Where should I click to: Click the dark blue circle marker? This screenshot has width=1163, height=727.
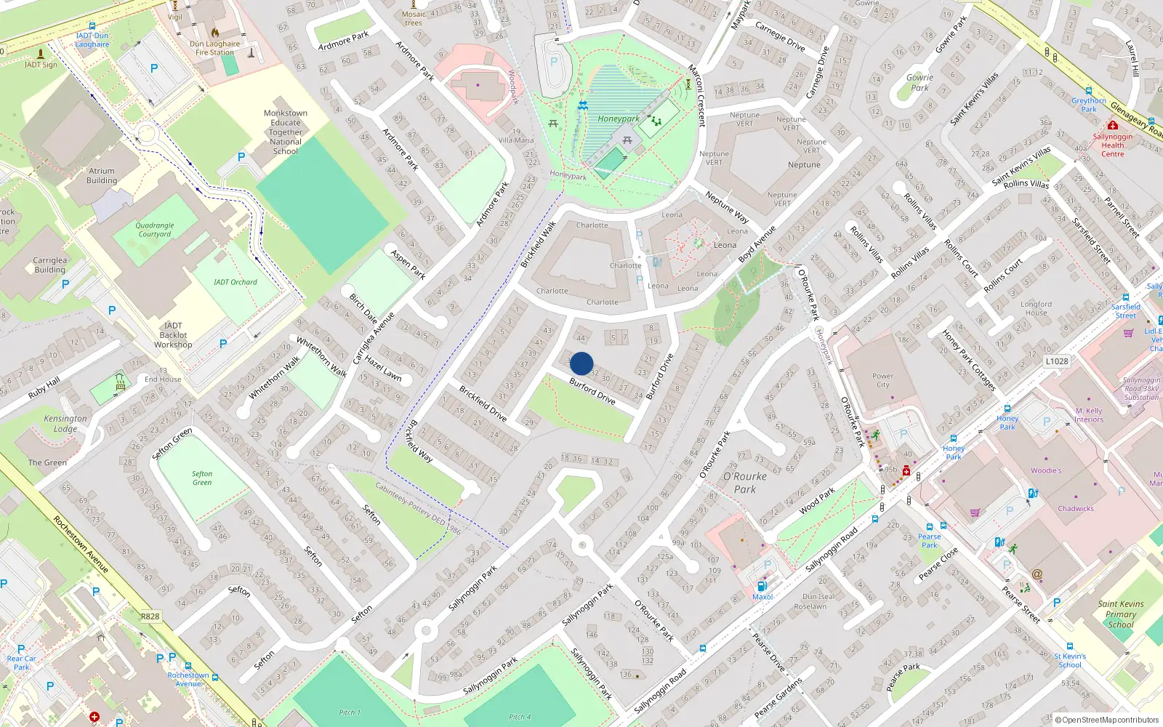coord(581,363)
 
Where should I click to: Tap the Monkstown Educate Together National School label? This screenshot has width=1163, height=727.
coord(286,132)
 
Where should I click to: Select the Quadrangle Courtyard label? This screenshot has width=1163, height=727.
coord(155,230)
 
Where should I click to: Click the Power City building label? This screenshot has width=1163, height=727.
coord(882,380)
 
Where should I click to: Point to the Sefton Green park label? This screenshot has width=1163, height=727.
coord(202,478)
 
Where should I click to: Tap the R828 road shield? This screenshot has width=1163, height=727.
coord(150,616)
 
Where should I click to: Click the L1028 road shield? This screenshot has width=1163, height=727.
coord(1057,361)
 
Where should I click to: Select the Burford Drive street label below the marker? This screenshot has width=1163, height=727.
coord(592,391)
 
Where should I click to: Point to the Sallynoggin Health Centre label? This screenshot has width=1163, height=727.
coord(1112,145)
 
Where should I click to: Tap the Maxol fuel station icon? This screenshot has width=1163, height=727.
coord(762,586)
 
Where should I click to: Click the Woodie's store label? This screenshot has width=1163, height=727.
coord(1046,470)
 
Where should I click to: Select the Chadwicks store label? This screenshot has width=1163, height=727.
coord(1076,509)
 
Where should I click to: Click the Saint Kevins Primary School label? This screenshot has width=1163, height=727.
coord(1121,614)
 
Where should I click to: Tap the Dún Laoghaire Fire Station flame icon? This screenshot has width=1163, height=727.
coord(215,33)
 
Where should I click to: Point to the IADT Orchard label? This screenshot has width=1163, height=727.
coord(235,282)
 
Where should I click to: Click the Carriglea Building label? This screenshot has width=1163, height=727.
coord(50,265)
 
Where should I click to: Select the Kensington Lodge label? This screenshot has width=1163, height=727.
coord(65,423)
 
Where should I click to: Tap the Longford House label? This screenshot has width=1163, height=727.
coord(1036,308)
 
